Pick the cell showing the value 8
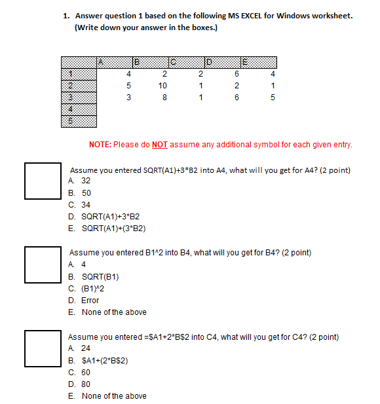pyautogui.click(x=164, y=98)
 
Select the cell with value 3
pyautogui.click(x=129, y=98)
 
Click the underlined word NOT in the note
pyautogui.click(x=160, y=145)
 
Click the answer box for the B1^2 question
pyautogui.click(x=43, y=264)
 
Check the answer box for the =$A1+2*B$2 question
pyautogui.click(x=43, y=348)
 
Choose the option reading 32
pyautogui.click(x=85, y=180)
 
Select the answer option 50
pyautogui.click(x=86, y=193)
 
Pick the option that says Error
pyautogui.click(x=90, y=301)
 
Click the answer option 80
pyautogui.click(x=86, y=384)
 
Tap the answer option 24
pyautogui.click(x=86, y=349)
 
